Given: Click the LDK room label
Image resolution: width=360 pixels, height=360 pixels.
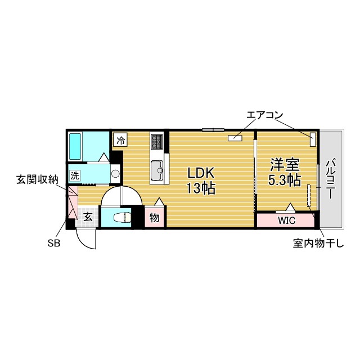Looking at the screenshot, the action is click(x=201, y=173).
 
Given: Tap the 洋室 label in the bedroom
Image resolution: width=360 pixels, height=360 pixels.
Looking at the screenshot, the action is click(x=285, y=165).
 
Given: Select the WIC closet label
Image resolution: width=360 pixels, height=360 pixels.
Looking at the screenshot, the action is click(x=286, y=220).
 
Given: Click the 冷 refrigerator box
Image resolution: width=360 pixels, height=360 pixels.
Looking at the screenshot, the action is click(x=121, y=140).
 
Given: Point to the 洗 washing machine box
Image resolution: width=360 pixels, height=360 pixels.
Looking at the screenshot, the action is click(x=75, y=175).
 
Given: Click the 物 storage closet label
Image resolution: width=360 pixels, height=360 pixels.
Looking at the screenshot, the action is click(x=154, y=217).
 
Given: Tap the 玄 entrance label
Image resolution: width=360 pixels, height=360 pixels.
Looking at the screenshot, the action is click(x=88, y=217).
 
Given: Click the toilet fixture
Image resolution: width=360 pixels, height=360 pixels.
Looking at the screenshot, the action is click(x=122, y=217).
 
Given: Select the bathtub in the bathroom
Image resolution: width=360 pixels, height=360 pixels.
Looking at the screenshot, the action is click(x=75, y=146).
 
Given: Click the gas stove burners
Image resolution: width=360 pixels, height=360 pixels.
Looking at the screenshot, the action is click(x=157, y=141).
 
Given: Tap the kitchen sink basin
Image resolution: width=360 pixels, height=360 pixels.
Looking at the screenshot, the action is click(x=157, y=170).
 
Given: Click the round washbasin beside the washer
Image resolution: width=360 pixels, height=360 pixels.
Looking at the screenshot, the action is click(x=115, y=173).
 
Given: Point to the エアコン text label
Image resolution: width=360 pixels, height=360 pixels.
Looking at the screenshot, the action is click(x=264, y=115).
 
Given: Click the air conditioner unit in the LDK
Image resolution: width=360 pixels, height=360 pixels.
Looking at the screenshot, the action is click(x=235, y=138).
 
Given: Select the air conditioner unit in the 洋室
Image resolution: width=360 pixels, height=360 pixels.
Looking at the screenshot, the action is click(x=313, y=139).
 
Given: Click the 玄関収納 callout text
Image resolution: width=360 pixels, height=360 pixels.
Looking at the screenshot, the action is click(x=37, y=179).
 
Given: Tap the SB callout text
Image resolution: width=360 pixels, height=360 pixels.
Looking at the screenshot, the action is click(x=54, y=243).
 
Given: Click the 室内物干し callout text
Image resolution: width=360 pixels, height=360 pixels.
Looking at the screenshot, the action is click(x=318, y=243).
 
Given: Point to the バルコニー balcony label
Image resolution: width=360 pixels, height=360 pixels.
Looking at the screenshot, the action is click(x=331, y=179).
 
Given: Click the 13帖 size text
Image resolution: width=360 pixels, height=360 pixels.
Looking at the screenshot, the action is click(x=201, y=188).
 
